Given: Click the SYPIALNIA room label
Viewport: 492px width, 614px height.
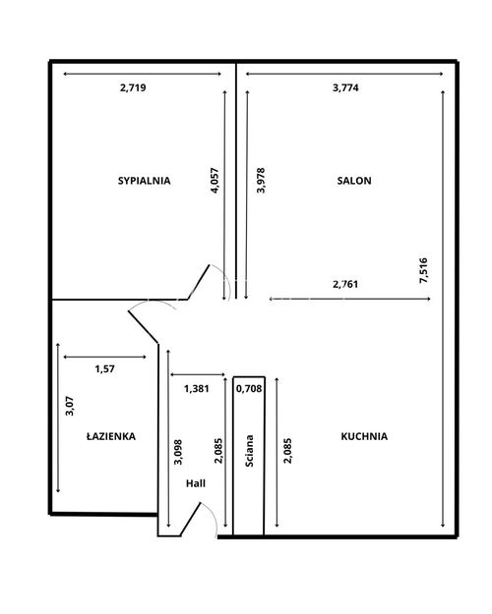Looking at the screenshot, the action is coord(145,181).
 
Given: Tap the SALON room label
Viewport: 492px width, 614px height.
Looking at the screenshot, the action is coord(354,181).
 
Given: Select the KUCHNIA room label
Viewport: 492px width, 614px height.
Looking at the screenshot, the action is coord(364,436).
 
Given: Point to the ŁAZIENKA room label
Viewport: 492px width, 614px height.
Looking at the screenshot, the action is coord(111,436).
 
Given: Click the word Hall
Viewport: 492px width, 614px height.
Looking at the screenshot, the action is coord(196,483).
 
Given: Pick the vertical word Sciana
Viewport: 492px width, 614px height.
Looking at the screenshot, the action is coord(249,451).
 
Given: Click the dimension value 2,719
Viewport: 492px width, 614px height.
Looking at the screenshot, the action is coord(133,87).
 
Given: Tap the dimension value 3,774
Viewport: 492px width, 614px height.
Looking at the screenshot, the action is coord(345,87).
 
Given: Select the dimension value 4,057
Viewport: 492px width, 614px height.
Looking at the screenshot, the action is coord(215,181).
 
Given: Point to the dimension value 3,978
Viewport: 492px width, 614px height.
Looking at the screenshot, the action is coord(261,181).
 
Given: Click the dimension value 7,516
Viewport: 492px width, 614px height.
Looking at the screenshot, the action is coord(424,270).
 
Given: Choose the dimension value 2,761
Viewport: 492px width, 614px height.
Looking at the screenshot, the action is coord(345,284).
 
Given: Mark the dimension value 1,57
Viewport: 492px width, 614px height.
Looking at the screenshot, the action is coord(104,368).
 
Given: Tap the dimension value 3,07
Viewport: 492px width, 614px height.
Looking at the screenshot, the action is coord(70,406).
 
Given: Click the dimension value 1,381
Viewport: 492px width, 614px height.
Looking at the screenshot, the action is coord(197,389).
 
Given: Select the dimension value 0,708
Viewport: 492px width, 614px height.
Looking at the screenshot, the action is coord(249,389).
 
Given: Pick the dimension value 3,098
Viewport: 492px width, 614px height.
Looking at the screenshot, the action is coord(178,452).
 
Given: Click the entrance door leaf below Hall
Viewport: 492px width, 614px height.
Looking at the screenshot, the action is coord(190,520).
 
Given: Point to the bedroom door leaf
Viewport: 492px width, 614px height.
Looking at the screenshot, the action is coord(199,282).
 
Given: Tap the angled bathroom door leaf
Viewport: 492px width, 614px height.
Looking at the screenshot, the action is coord(144,326).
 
